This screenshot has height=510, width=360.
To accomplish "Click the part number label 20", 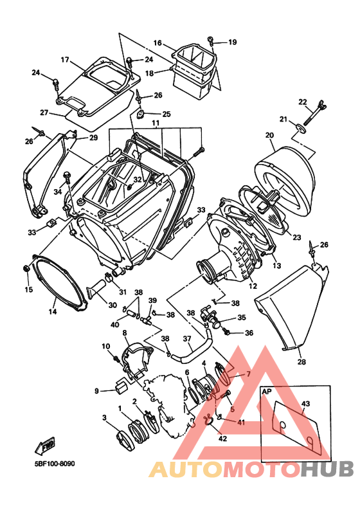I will coord(269,135).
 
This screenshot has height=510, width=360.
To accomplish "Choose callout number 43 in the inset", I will coord(305,403).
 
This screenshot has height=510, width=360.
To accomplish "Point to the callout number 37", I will coord(188,339).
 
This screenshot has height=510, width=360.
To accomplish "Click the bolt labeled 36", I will coord(230,332).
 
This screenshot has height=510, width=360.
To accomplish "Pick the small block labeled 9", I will coord(118,386).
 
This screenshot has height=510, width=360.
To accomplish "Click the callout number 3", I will coord(104,418).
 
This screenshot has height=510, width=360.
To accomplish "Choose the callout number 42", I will coord(222,439).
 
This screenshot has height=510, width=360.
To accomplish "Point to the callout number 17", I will coord(65,60).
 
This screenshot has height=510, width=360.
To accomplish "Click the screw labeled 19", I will coord(212,42).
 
